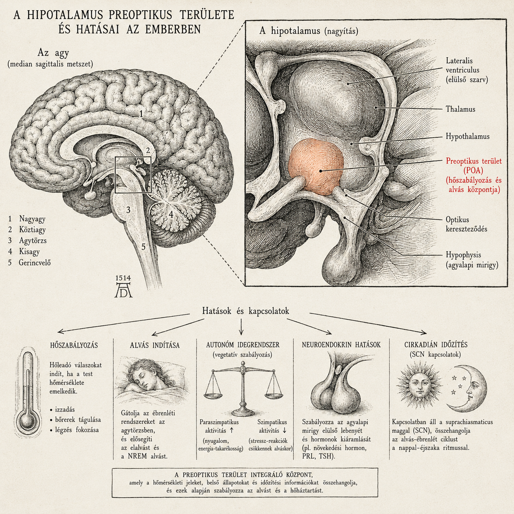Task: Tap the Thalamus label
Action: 460,109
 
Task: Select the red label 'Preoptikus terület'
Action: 474,161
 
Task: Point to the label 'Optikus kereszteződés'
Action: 466,224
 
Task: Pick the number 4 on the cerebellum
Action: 171,214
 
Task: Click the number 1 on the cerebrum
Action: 141,114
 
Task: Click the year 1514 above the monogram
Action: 123,278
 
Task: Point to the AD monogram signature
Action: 123,290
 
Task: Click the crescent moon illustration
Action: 469,388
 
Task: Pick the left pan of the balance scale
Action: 213,395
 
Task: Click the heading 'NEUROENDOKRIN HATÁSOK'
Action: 341,345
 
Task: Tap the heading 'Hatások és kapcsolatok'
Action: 246,311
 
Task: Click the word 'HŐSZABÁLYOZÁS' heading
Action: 74,346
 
